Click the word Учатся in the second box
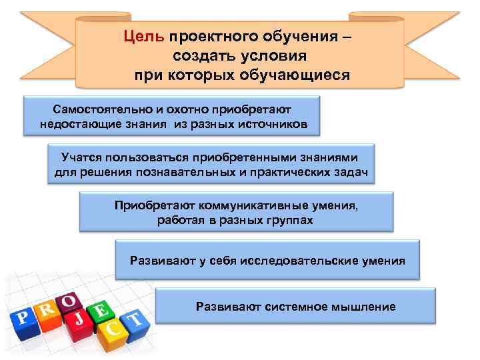point(83,158)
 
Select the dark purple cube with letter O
point(69,301)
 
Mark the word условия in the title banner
point(275,55)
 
